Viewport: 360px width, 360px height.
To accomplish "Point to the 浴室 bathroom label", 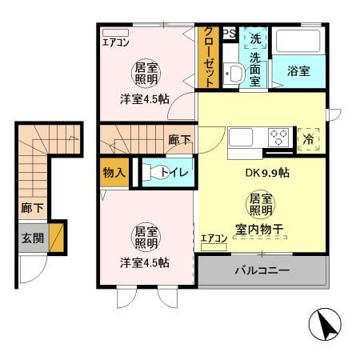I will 298,71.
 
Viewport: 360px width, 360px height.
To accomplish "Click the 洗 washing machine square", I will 254,38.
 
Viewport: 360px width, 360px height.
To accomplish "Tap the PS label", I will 229,34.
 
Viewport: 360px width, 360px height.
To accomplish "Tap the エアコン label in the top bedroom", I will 116,42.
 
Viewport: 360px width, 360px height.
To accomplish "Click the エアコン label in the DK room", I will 213,238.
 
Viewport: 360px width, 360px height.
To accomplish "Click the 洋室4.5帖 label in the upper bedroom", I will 145,99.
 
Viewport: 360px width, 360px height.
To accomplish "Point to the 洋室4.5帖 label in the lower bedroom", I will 144,262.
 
